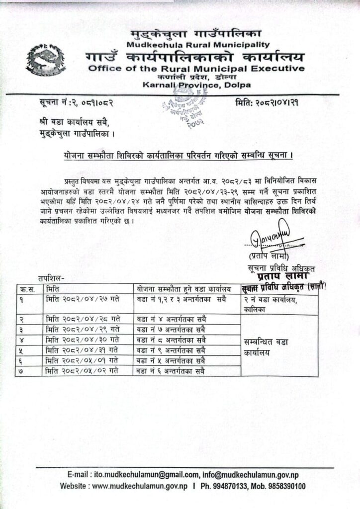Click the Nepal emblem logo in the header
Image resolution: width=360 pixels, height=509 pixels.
pyautogui.click(x=46, y=60)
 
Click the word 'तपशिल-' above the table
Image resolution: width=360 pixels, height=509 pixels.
pyautogui.click(x=51, y=278)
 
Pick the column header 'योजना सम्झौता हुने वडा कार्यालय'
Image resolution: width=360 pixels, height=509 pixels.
pyautogui.click(x=183, y=289)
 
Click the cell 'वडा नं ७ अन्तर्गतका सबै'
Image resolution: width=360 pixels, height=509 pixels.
pyautogui.click(x=171, y=329)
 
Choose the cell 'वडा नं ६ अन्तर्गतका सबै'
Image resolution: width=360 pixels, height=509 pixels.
pyautogui.click(x=171, y=371)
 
